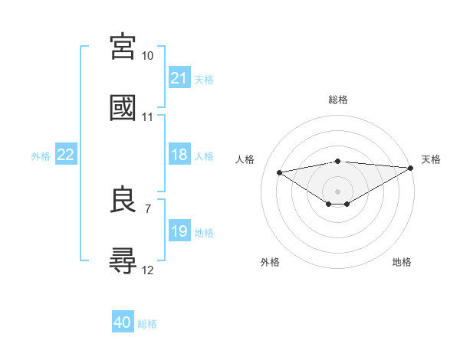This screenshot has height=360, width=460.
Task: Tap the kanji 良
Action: click(x=123, y=200)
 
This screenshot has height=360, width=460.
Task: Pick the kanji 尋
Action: click(x=123, y=260)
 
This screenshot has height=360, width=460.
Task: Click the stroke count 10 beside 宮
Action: click(x=148, y=56)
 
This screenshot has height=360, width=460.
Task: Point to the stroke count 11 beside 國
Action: click(x=148, y=117)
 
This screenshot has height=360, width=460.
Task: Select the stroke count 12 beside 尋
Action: click(x=148, y=270)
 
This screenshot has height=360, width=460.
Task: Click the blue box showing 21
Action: click(x=179, y=78)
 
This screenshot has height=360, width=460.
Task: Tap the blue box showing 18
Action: click(x=179, y=155)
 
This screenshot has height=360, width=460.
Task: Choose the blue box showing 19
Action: click(x=179, y=231)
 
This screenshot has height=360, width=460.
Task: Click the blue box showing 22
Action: click(x=66, y=155)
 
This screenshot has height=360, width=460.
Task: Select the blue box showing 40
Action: click(x=123, y=322)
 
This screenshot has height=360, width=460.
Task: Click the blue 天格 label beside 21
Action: click(x=204, y=79)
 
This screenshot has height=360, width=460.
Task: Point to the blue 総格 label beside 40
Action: click(x=147, y=323)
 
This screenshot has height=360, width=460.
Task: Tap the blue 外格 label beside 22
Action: click(x=41, y=155)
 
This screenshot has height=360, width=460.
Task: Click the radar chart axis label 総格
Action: click(x=338, y=100)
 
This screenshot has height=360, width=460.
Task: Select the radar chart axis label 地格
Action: click(x=402, y=262)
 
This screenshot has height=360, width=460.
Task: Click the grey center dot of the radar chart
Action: click(x=338, y=191)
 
